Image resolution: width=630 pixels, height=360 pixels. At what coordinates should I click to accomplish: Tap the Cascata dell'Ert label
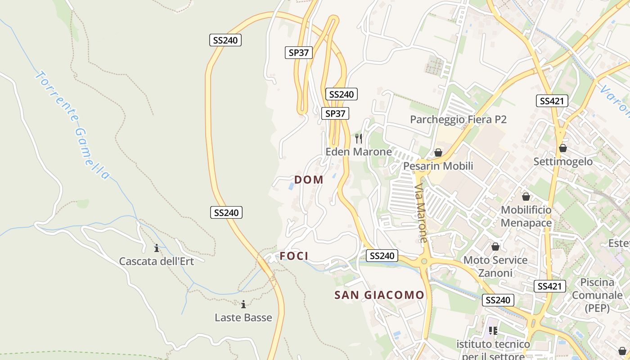(x=156, y=261)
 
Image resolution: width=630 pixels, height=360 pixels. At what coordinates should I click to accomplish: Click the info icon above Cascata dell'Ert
(x=157, y=248)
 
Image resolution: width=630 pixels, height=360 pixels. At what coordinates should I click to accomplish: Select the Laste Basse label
(x=243, y=317)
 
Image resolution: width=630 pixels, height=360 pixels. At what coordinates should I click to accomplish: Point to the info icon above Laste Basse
(x=243, y=304)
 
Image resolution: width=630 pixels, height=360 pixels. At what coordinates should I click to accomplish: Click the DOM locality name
(x=309, y=180)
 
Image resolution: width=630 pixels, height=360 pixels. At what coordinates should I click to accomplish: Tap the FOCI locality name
(x=294, y=256)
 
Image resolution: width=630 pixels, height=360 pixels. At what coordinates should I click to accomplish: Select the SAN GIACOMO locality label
(x=379, y=295)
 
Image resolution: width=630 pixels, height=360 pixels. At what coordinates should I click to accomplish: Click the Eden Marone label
(x=359, y=152)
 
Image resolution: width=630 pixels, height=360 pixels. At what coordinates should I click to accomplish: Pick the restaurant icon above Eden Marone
(x=359, y=138)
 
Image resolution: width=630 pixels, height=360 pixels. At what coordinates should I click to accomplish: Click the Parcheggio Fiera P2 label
(x=458, y=119)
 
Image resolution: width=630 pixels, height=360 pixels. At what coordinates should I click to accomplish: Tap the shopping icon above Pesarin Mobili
(x=438, y=153)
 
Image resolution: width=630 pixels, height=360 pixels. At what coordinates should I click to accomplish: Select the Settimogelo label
(x=563, y=161)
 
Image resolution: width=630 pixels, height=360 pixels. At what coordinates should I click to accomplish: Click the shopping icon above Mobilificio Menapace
(x=526, y=197)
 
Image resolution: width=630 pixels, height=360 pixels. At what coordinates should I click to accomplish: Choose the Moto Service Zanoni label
(x=495, y=266)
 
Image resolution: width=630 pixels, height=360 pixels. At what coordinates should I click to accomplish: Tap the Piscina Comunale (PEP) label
(x=597, y=295)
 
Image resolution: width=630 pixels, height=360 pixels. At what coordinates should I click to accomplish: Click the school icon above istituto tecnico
(x=493, y=331)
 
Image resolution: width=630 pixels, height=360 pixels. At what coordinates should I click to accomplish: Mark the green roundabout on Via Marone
(x=424, y=261)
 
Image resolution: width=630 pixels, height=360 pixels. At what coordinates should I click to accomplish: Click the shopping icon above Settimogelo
(x=563, y=148)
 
